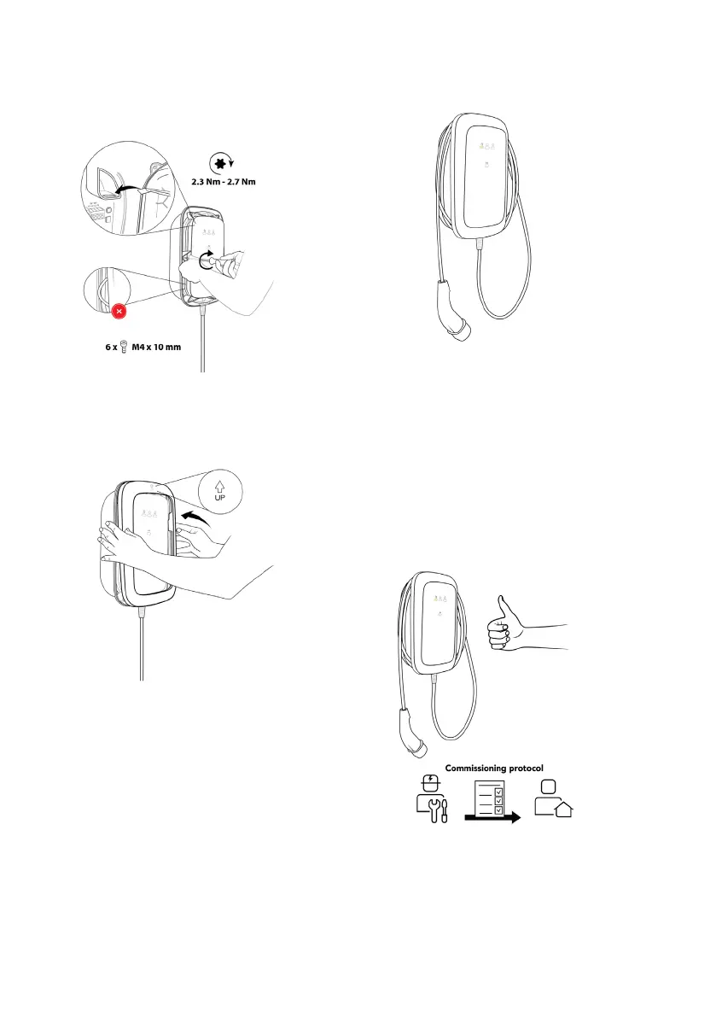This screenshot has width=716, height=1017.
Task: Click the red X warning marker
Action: coord(119,312)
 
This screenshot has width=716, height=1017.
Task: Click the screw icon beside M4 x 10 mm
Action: coord(125,348)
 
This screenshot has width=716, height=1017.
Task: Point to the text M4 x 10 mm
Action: coord(156,348)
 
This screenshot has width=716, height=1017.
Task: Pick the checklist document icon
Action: coord(491,803)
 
